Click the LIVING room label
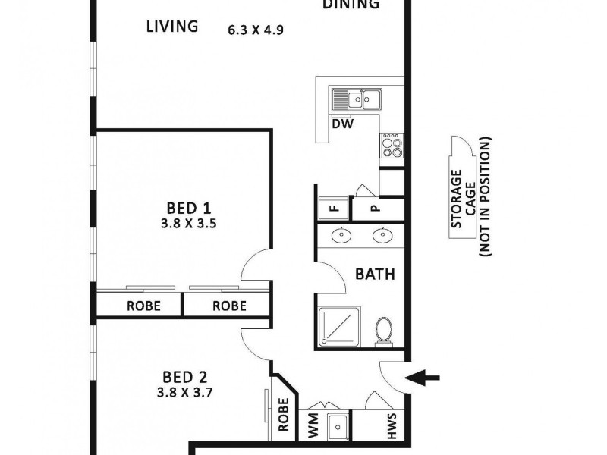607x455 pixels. tap(171, 27)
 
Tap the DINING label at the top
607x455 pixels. tap(351, 5)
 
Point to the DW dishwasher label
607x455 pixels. tap(343, 124)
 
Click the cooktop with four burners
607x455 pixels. tap(392, 145)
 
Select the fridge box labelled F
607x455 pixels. tap(332, 208)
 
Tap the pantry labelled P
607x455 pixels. tap(374, 208)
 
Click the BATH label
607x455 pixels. tap(375, 275)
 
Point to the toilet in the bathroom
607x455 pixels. tap(385, 331)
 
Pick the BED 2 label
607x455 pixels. tap(185, 376)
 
